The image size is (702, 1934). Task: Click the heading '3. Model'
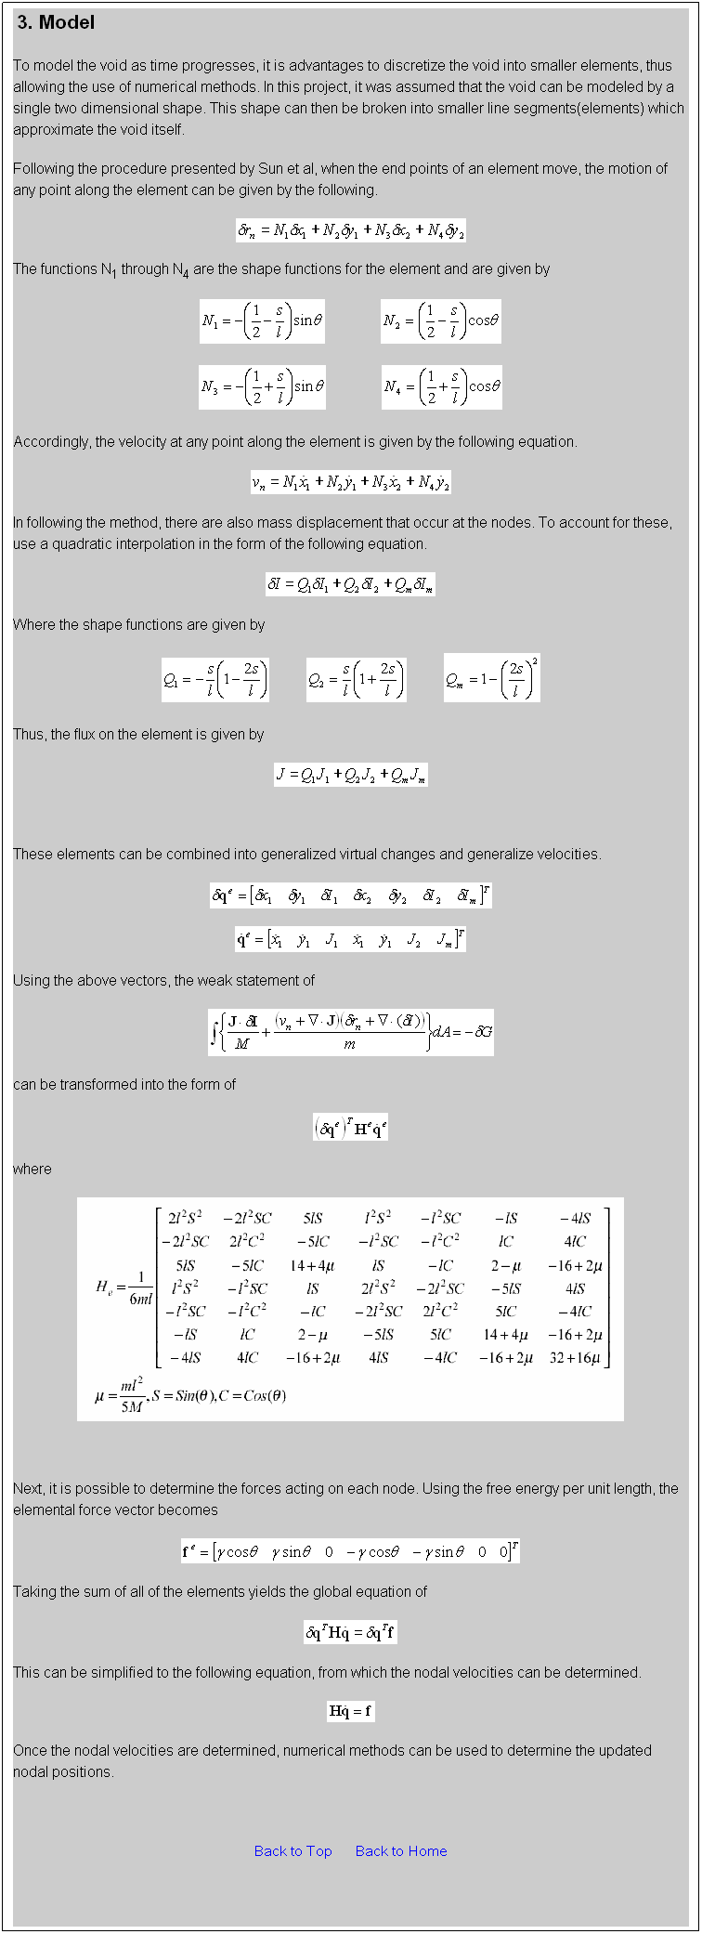[56, 22]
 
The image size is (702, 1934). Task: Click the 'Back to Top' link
[292, 1850]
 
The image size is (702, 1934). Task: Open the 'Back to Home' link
[401, 1850]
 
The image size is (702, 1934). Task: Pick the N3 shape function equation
[262, 386]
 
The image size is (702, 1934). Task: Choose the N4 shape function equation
[441, 386]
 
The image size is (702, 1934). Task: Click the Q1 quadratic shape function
[215, 680]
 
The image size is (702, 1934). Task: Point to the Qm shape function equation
[491, 679]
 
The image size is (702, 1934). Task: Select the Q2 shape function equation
[356, 680]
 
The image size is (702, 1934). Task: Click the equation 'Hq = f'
[350, 1710]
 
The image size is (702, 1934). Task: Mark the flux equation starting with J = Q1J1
[350, 775]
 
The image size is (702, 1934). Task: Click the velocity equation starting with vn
[350, 482]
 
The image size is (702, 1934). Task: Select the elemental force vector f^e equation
[350, 1551]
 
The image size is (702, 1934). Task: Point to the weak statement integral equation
[350, 1032]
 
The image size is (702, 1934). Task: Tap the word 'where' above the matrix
[32, 1169]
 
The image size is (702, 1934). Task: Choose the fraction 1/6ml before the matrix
[139, 1287]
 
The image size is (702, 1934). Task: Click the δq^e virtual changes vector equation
[350, 895]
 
